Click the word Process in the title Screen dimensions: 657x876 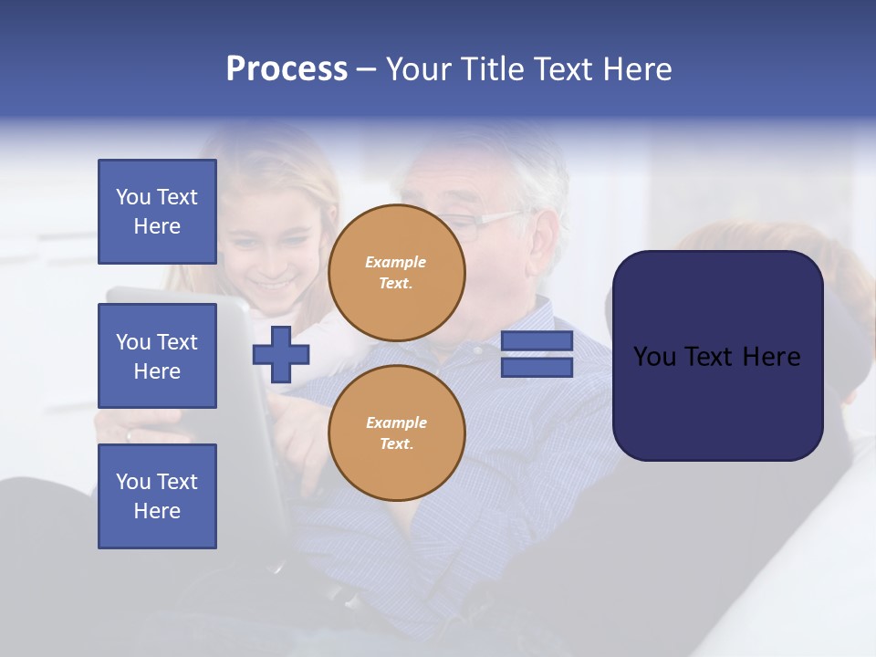(x=287, y=69)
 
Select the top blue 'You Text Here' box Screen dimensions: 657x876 (x=157, y=212)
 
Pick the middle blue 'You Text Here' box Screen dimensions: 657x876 (x=157, y=356)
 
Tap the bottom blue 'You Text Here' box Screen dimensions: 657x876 (x=157, y=495)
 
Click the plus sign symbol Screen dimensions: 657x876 (x=281, y=354)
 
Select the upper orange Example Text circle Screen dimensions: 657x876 (x=397, y=273)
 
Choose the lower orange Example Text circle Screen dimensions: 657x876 (x=397, y=433)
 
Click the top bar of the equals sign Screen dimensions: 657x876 (x=537, y=341)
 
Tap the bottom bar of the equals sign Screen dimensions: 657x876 (x=537, y=367)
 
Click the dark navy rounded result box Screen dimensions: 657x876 (x=718, y=401)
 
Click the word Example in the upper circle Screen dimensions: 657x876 (x=396, y=262)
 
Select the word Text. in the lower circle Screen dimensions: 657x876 (x=396, y=444)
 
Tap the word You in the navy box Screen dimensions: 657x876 (x=653, y=357)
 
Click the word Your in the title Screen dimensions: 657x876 (x=419, y=69)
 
